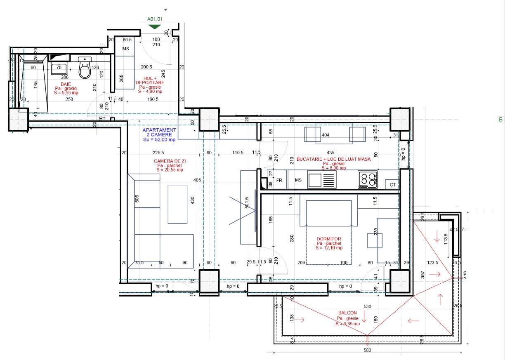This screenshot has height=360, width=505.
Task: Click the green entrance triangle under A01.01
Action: [x=154, y=26]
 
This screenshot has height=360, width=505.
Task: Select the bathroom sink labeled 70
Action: [x=59, y=68]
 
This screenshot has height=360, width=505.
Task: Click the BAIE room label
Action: [x=66, y=84]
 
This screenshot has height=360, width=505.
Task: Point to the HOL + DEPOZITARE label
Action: [x=151, y=80]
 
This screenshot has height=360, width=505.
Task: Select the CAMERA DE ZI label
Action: [x=169, y=161]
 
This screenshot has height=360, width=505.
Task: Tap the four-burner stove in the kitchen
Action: [x=368, y=179]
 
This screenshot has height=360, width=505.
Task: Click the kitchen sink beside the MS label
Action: [x=322, y=180]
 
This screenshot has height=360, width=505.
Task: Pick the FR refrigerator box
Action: [x=279, y=181]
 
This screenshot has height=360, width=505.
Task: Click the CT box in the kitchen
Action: [x=392, y=184]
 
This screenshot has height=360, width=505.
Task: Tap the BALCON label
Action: [x=346, y=313]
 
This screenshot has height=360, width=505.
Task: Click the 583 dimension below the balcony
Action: [x=368, y=351]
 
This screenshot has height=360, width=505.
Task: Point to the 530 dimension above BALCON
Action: [x=368, y=306]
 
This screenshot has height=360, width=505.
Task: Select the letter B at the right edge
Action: [x=500, y=120]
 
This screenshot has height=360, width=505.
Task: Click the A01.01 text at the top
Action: [x=155, y=19]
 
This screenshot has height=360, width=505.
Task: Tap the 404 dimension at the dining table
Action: [x=325, y=135]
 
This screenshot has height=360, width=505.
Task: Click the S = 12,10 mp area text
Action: [x=329, y=248]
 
